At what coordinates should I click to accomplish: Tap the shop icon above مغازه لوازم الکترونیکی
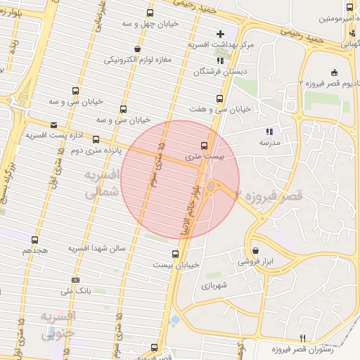pyautogui.click(x=136, y=49)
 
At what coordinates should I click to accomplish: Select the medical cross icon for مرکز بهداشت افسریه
pyautogui.click(x=221, y=33)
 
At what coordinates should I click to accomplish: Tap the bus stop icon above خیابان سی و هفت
pyautogui.click(x=220, y=98)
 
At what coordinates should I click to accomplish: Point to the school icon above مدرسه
pyautogui.click(x=268, y=131)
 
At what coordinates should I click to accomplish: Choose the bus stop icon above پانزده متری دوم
pyautogui.click(x=96, y=139)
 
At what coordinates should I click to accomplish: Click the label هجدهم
pyautogui.click(x=34, y=250)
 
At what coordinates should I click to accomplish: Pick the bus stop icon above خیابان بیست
pyautogui.click(x=175, y=254)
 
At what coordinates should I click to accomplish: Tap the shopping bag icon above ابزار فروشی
pyautogui.click(x=255, y=250)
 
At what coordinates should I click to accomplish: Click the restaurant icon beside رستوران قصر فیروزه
pyautogui.click(x=302, y=337)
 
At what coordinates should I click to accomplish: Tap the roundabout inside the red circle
pyautogui.click(x=211, y=186)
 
